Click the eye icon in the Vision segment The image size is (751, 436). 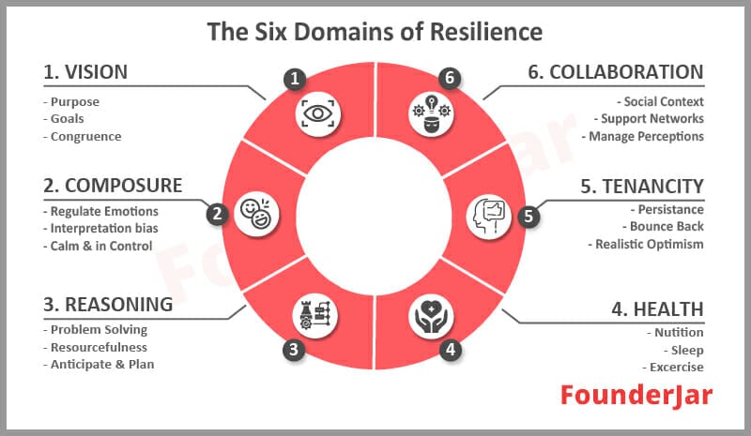click(x=317, y=114)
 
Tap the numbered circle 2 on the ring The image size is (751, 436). click(x=218, y=214)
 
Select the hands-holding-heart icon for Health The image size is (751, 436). click(x=431, y=316)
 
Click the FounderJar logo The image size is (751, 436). click(x=636, y=397)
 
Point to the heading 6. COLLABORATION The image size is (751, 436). click(x=616, y=72)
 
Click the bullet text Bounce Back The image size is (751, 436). click(x=663, y=226)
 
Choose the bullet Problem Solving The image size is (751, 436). click(x=96, y=330)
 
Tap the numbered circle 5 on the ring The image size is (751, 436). click(x=529, y=216)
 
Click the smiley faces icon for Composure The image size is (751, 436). click(x=256, y=214)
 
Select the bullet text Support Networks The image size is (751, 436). click(x=649, y=119)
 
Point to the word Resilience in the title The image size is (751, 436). click(x=485, y=32)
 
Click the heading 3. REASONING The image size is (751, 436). click(x=108, y=305)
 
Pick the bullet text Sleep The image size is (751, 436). click(x=683, y=351)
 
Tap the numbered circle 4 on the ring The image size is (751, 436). click(x=451, y=350)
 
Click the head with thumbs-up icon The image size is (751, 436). click(x=489, y=217)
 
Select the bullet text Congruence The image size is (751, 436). click(x=83, y=137)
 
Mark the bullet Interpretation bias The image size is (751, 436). click(x=101, y=228)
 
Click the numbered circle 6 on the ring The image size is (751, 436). click(x=450, y=78)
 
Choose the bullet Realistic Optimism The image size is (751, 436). click(x=646, y=245)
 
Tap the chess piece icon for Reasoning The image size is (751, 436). click(x=315, y=316)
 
